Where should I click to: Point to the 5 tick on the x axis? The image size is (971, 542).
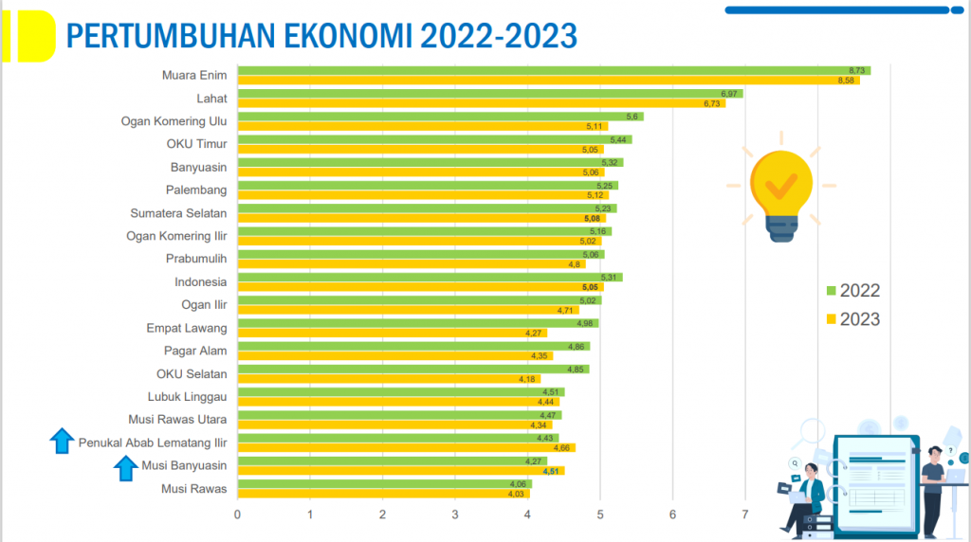(x=600, y=515)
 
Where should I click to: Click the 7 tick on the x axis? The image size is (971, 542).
(x=745, y=515)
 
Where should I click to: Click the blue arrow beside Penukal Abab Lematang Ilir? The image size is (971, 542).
(x=63, y=441)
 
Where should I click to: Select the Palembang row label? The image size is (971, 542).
(x=196, y=190)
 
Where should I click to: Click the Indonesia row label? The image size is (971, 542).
(x=200, y=281)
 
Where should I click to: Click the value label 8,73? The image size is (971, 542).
(x=857, y=71)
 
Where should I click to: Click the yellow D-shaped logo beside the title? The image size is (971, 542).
(x=32, y=36)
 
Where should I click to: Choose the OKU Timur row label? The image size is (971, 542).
(x=196, y=144)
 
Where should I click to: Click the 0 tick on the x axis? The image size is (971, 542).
(x=238, y=515)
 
